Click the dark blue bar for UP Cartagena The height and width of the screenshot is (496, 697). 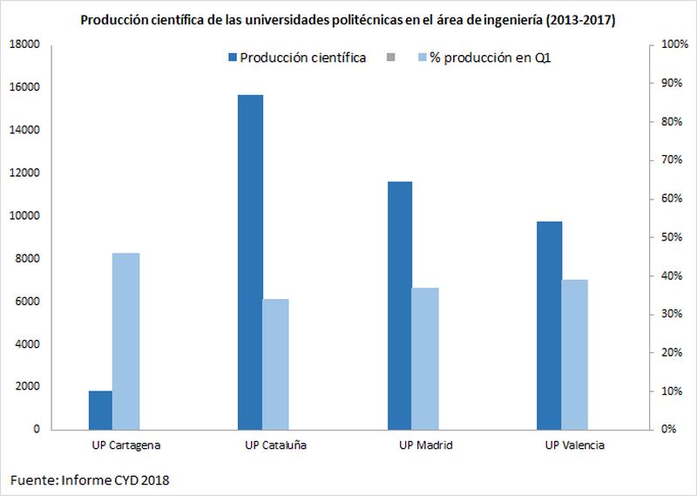100,410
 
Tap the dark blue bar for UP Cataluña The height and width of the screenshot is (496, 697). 250,262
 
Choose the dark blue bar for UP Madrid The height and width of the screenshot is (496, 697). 400,305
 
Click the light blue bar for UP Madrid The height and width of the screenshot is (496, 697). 424,358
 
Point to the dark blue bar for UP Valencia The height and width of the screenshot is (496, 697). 549,325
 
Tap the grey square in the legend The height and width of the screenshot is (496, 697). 389,58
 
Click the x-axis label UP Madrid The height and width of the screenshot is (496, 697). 425,445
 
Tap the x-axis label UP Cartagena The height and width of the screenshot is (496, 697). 125,445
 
